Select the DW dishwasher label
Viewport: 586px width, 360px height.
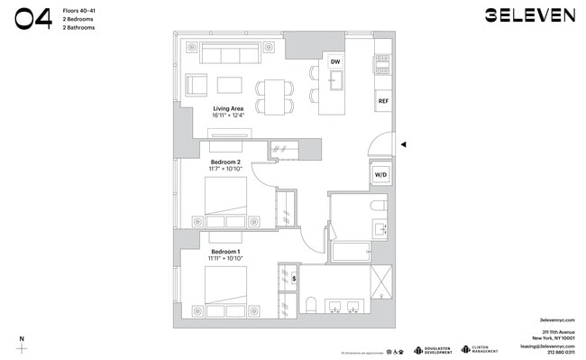click(335, 61)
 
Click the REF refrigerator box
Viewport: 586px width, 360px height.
click(383, 100)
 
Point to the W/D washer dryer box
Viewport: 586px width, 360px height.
click(380, 175)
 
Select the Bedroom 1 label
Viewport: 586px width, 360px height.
click(225, 252)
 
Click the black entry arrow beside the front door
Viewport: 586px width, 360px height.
click(405, 144)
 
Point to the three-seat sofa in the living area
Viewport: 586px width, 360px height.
click(231, 55)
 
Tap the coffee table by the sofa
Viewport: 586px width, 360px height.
click(229, 86)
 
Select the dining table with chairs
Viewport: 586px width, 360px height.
click(275, 95)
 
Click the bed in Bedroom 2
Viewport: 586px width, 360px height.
click(227, 203)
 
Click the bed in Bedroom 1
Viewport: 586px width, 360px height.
click(227, 291)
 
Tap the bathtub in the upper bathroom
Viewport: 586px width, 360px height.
click(353, 251)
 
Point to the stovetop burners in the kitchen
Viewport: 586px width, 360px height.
click(382, 62)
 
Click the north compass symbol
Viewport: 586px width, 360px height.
click(23, 346)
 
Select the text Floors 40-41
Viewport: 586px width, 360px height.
click(81, 10)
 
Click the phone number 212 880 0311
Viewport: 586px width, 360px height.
click(560, 352)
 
